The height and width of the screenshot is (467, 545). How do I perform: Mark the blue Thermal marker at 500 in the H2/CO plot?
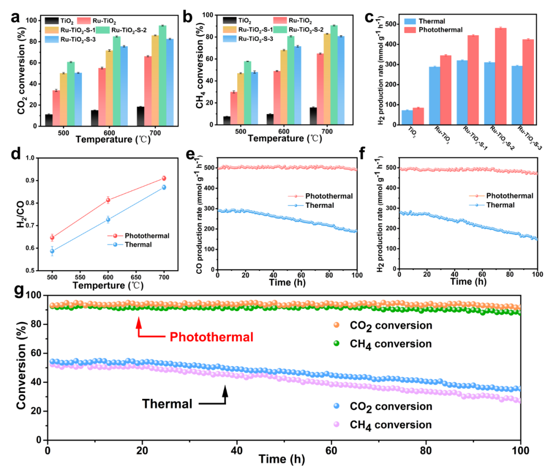pyautogui.click(x=52, y=251)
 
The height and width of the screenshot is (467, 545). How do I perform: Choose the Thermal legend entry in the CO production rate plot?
pyautogui.click(x=310, y=205)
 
